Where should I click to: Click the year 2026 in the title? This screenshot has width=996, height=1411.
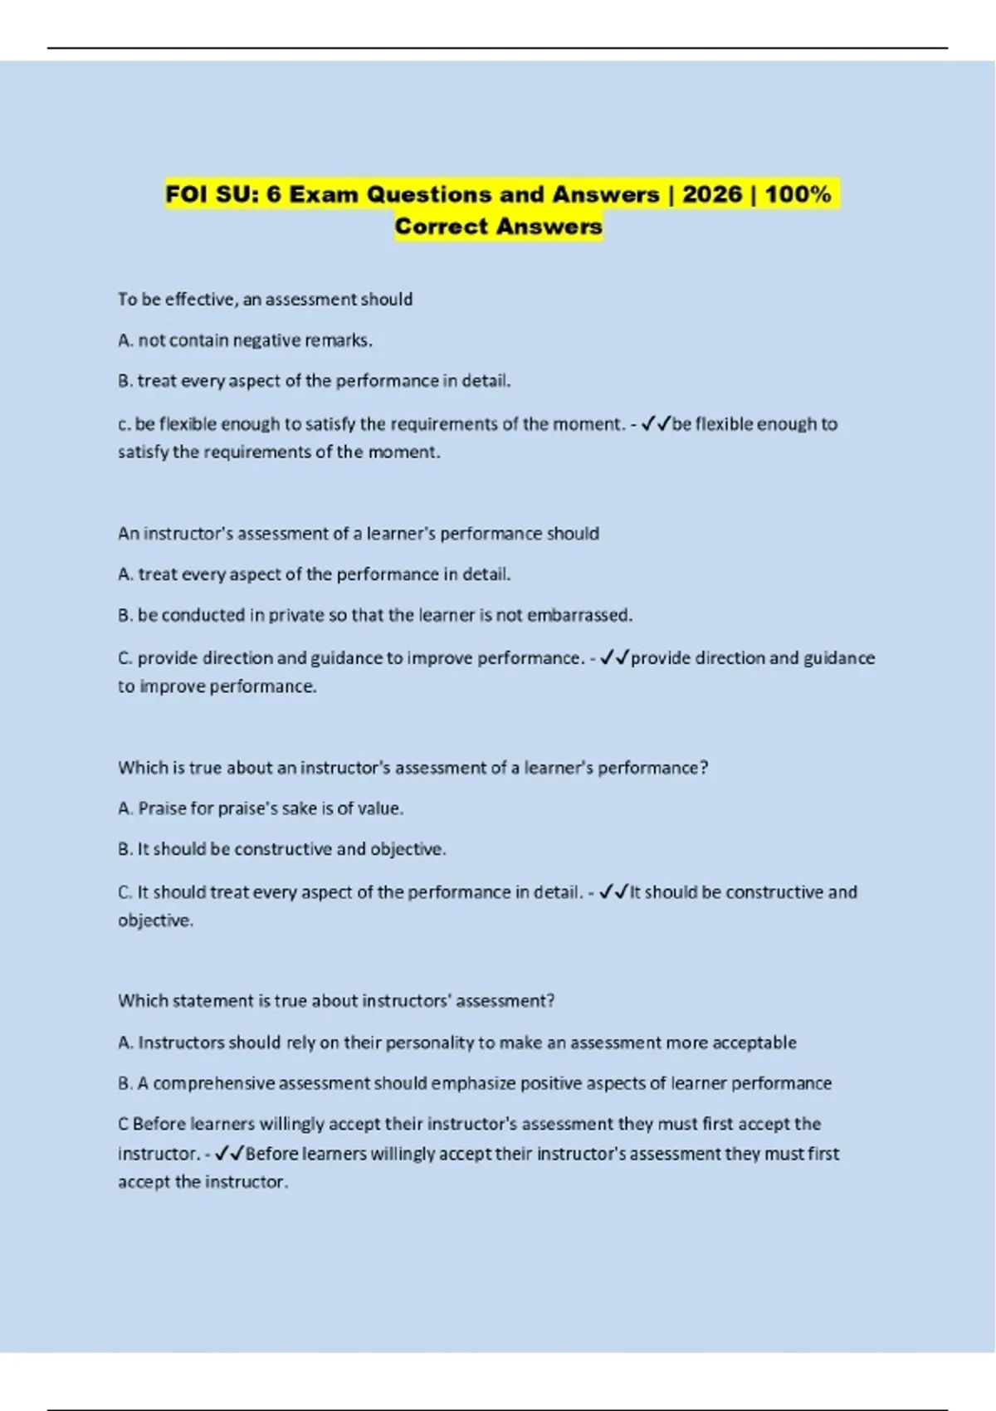click(711, 194)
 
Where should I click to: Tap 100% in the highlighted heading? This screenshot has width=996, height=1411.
click(797, 194)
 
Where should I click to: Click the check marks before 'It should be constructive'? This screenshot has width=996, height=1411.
click(613, 892)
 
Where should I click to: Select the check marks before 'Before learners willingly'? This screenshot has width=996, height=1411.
click(228, 1154)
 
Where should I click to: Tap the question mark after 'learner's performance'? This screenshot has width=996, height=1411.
click(704, 768)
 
